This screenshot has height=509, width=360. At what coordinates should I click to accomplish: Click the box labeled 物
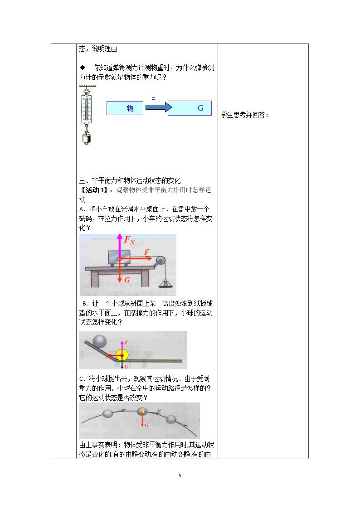pos(125,108)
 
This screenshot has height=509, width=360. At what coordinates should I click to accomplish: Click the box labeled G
pos(190,108)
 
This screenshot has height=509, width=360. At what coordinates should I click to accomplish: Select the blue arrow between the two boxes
pos(159,107)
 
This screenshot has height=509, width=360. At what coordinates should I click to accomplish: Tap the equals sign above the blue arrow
pos(154,98)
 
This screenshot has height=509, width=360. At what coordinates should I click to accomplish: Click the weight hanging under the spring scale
pos(86,138)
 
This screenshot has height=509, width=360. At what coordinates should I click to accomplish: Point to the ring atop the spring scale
pos(87,92)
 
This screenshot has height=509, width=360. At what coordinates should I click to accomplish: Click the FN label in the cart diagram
pos(129,240)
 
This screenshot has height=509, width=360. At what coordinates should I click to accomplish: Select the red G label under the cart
pos(127,280)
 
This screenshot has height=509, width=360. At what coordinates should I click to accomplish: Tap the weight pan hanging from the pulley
pos(165,284)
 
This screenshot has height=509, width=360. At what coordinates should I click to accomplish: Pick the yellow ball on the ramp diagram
pos(122,355)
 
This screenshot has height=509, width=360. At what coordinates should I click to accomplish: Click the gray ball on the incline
pos(100,341)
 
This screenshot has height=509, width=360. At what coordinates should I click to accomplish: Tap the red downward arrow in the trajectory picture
pos(142,419)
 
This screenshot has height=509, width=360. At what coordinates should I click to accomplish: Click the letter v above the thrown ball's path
pos(159,411)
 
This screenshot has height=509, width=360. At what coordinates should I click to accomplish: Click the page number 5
pos(180,475)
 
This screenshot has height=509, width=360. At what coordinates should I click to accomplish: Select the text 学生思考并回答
pos(243,115)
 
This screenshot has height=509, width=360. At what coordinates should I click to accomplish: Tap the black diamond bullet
pos(83,68)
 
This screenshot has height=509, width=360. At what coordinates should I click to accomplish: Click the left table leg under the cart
pos(95,278)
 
